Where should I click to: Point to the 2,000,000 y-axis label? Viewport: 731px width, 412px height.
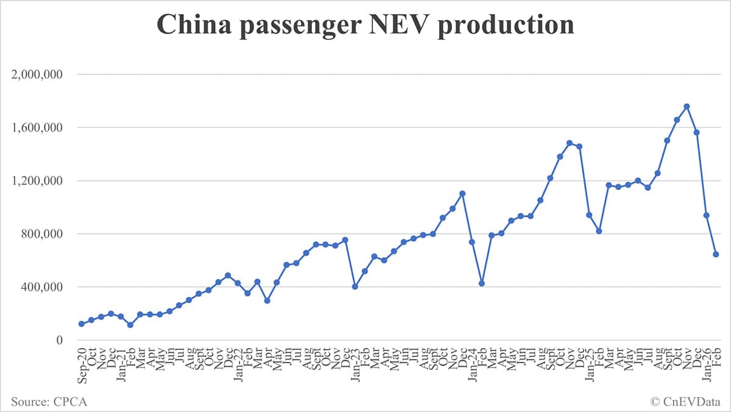tap(38, 75)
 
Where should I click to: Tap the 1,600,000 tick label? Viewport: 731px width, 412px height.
tap(38, 128)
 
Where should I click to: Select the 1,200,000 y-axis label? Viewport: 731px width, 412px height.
tap(38, 181)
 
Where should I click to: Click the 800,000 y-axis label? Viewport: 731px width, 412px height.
tap(43, 234)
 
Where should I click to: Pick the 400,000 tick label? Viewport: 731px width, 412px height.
tap(43, 287)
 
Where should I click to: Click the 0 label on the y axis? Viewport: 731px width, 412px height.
tap(60, 340)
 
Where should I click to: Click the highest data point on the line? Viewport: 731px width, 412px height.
tap(687, 107)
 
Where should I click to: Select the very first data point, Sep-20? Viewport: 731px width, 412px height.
tap(82, 324)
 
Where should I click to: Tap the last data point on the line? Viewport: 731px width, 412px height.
tap(716, 254)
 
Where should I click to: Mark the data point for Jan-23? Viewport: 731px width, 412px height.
tap(355, 286)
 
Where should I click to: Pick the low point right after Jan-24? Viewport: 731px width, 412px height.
tap(482, 283)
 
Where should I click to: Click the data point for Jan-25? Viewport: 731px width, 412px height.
tap(589, 215)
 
